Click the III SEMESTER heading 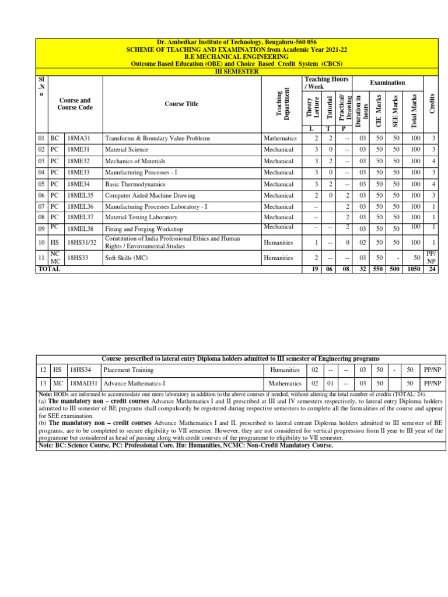point(237,71)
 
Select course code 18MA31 point(79,139)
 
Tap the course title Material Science point(127,150)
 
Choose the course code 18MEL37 point(80,217)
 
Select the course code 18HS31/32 point(82,242)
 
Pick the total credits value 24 point(432,269)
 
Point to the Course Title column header point(181,104)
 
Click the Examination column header point(387,83)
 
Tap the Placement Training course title point(129,370)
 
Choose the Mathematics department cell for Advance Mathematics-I point(285,384)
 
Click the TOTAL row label point(49,269)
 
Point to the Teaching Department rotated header point(282,103)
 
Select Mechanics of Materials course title point(135,161)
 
